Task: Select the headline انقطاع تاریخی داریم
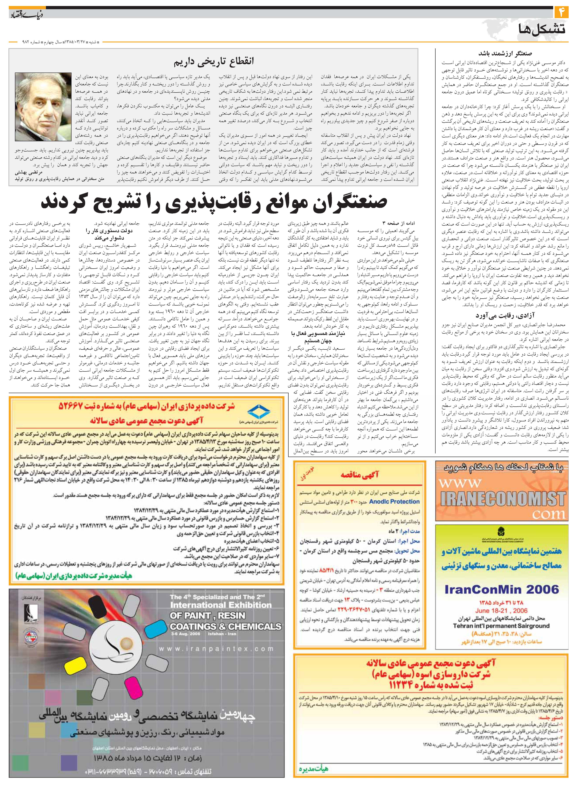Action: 214,61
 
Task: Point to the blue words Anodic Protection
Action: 394,501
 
